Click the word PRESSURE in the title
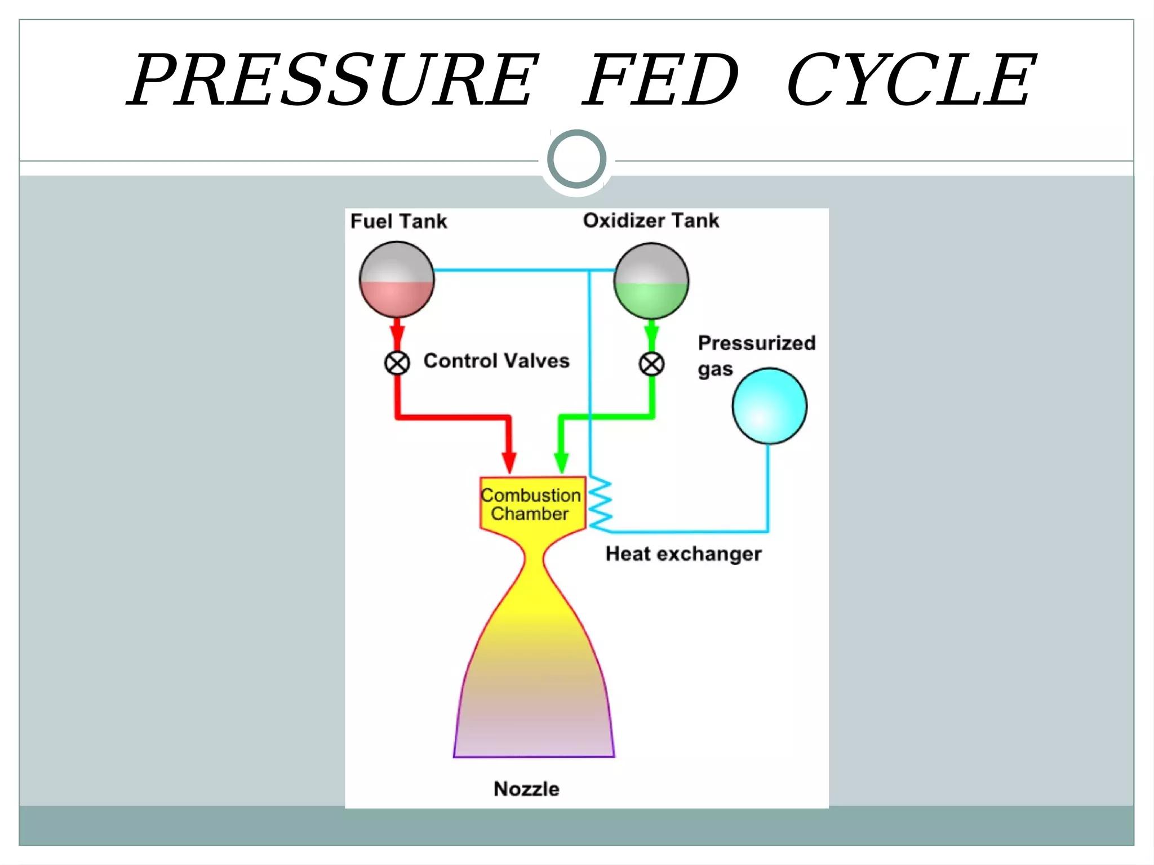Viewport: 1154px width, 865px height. coord(332,80)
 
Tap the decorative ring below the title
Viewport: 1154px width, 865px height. coord(576,159)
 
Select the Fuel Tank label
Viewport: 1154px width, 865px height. coord(398,221)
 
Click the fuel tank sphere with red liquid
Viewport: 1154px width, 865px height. coord(397,280)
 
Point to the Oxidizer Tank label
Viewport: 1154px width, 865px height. coord(651,220)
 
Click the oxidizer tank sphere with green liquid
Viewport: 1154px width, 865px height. coord(651,281)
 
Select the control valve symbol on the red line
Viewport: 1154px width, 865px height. coord(397,363)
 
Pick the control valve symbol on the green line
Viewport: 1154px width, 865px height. coord(651,364)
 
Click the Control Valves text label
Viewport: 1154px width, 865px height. coord(496,361)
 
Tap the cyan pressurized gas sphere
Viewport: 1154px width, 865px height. coord(769,406)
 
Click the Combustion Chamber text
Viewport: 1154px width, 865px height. coord(530,505)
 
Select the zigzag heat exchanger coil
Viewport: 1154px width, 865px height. coord(600,505)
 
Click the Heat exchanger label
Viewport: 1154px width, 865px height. coord(683,554)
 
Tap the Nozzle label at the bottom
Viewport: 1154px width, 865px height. coord(526,789)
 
